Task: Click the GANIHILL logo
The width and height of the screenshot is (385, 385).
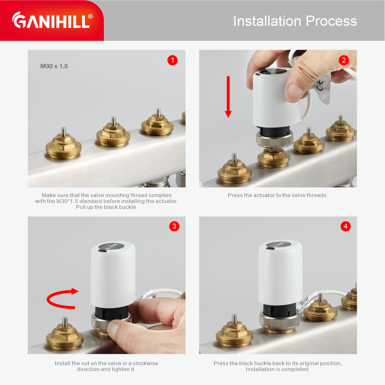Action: pyautogui.click(x=52, y=20)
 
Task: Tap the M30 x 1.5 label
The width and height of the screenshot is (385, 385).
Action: pyautogui.click(x=54, y=66)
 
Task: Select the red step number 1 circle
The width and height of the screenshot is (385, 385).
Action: pyautogui.click(x=172, y=60)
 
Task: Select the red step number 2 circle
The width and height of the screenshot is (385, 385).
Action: pyautogui.click(x=344, y=60)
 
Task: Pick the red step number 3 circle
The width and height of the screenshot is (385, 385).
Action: pyautogui.click(x=174, y=226)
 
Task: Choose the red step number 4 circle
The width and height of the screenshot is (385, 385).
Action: pyautogui.click(x=345, y=226)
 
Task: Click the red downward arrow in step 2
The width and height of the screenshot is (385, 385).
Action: pyautogui.click(x=228, y=97)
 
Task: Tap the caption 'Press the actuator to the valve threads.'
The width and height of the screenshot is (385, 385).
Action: pyautogui.click(x=278, y=195)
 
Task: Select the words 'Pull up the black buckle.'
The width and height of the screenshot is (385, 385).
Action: pyautogui.click(x=107, y=207)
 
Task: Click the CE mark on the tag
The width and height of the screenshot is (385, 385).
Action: pyautogui.click(x=320, y=84)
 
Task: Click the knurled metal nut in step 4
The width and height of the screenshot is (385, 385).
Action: pyautogui.click(x=280, y=321)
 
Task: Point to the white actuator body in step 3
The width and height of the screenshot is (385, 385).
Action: pyautogui.click(x=113, y=274)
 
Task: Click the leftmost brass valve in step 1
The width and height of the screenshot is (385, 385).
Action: pyautogui.click(x=64, y=145)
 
